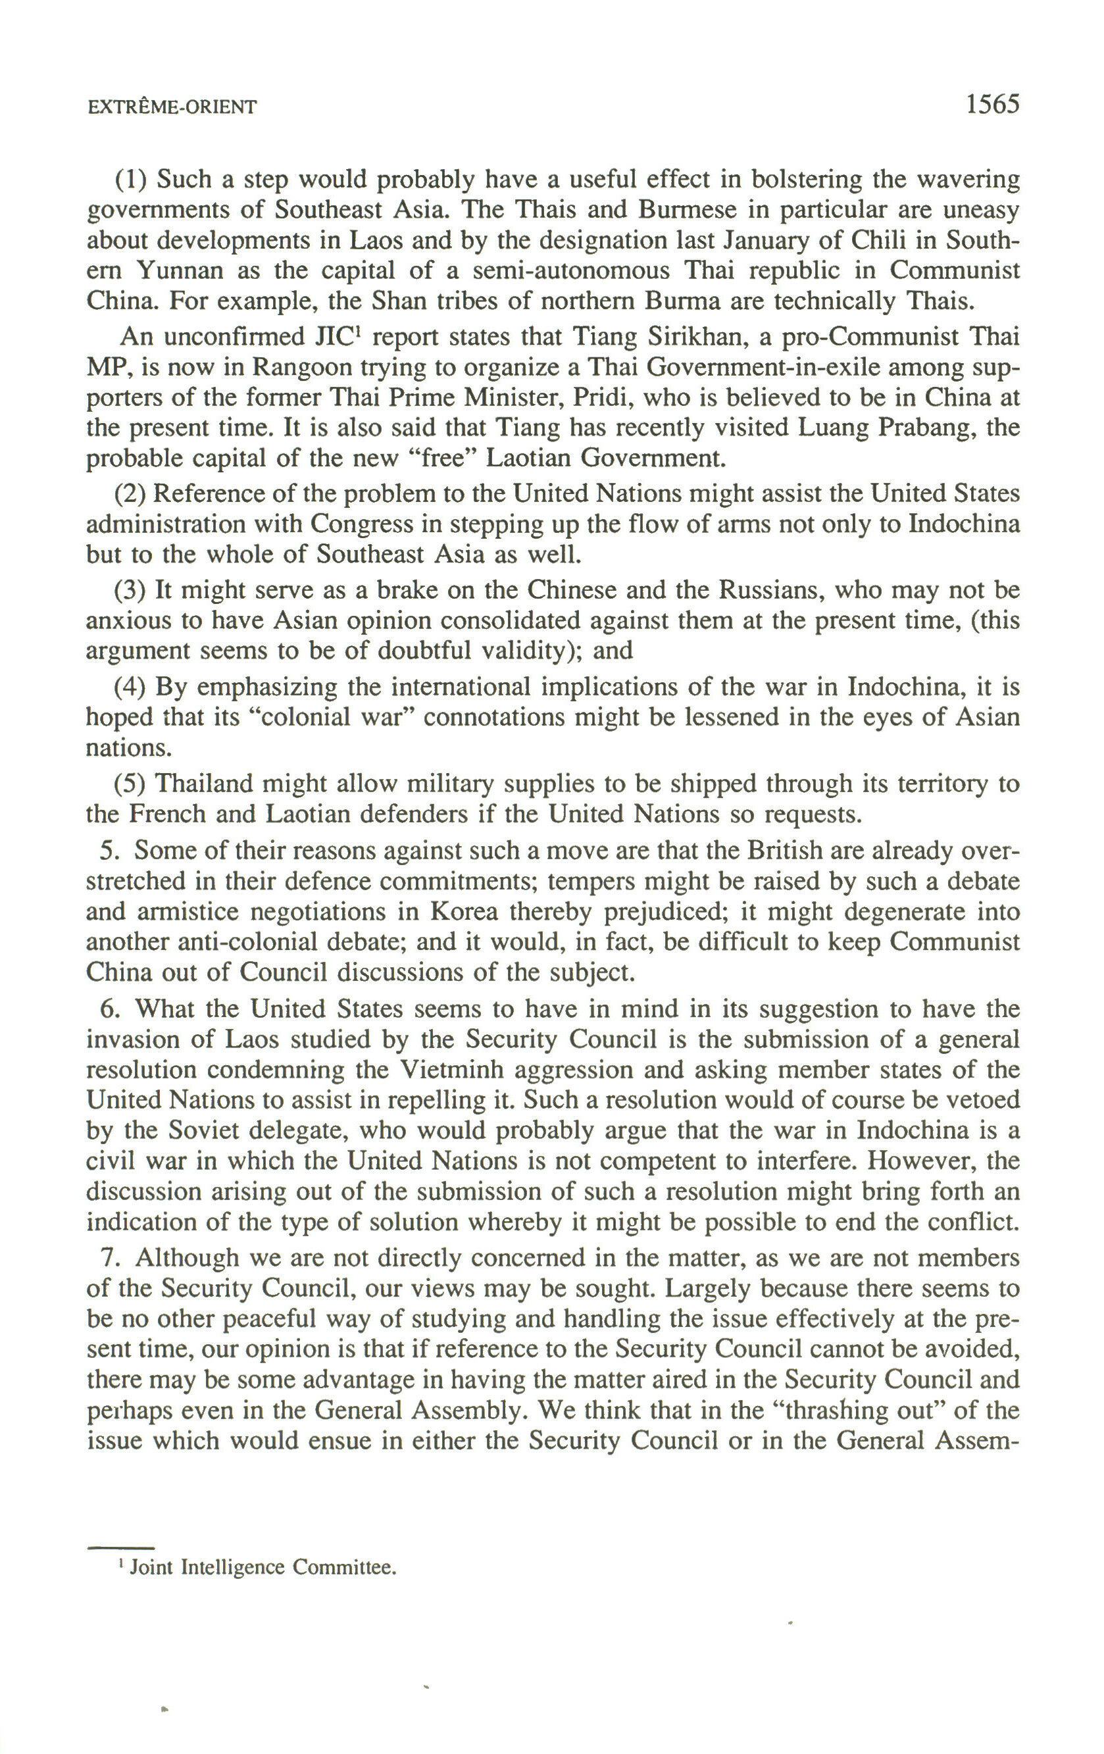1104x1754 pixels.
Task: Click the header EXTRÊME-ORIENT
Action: tap(171, 108)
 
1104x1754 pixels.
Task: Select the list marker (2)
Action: tap(131, 494)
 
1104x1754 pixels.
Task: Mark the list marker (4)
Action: tap(131, 686)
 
